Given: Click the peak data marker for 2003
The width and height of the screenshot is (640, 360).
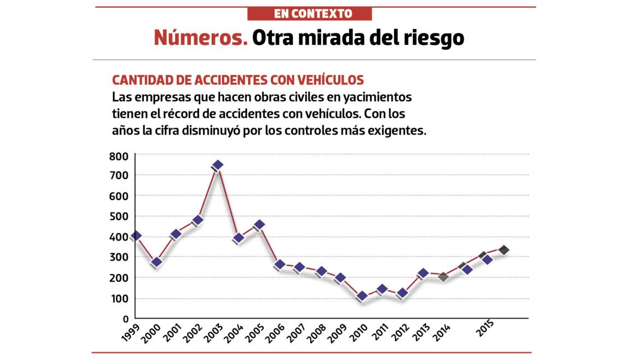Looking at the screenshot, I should [218, 165].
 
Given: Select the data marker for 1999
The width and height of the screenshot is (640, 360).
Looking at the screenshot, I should [136, 236].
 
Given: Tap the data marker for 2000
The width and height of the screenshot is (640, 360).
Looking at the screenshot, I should [156, 262].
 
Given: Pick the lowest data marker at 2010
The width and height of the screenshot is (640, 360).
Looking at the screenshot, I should [362, 296].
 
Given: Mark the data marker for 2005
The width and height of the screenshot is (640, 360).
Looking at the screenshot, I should [259, 224].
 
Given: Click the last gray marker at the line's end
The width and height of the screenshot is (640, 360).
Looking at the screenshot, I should [504, 250].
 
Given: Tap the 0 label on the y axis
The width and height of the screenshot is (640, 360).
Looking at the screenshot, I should [126, 318].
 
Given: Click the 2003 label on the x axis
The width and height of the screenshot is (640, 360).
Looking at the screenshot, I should [213, 332].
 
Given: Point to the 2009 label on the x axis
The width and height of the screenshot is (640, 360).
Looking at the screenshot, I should [336, 332].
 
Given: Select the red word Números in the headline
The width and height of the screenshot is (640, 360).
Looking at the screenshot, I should [200, 38].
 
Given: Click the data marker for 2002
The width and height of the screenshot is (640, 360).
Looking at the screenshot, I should [197, 220].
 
